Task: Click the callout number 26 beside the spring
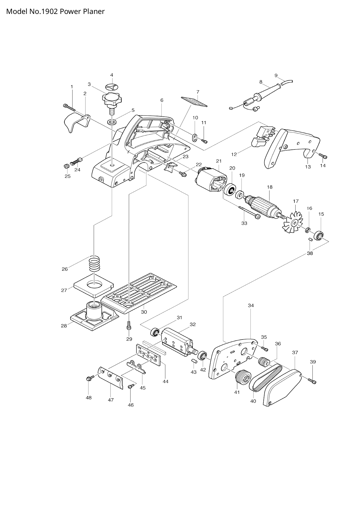65,269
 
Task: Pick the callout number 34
251,305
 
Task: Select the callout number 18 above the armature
270,187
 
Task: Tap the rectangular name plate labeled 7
194,101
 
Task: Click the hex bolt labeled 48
89,378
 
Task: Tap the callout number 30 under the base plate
144,312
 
